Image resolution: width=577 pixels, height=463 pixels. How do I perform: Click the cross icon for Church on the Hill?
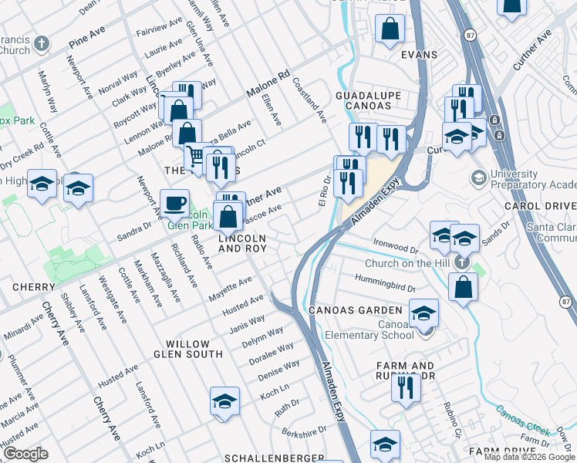coord(461,262)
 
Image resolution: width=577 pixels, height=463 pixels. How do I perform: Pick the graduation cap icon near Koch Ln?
coord(224,401)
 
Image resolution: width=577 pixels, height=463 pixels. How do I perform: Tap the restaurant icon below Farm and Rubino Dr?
coord(406,389)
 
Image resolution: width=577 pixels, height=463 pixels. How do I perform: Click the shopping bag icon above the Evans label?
coord(390,29)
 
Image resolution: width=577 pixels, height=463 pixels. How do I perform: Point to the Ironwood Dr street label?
coord(395,247)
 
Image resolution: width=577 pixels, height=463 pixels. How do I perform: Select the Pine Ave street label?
coord(87,39)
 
